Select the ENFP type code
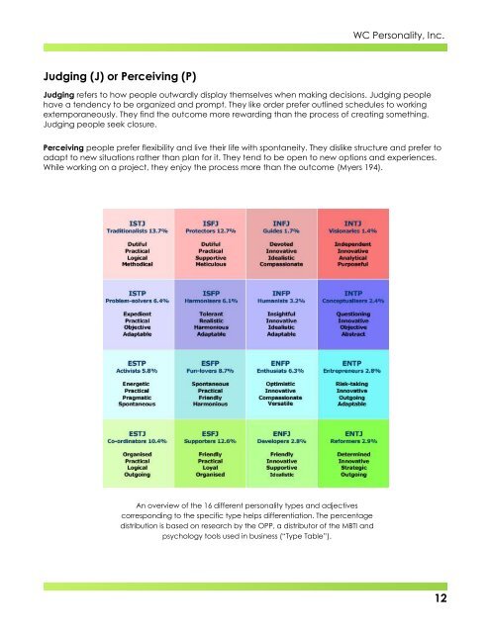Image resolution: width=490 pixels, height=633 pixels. [x=277, y=362]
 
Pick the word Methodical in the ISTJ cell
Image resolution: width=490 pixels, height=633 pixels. [x=141, y=263]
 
